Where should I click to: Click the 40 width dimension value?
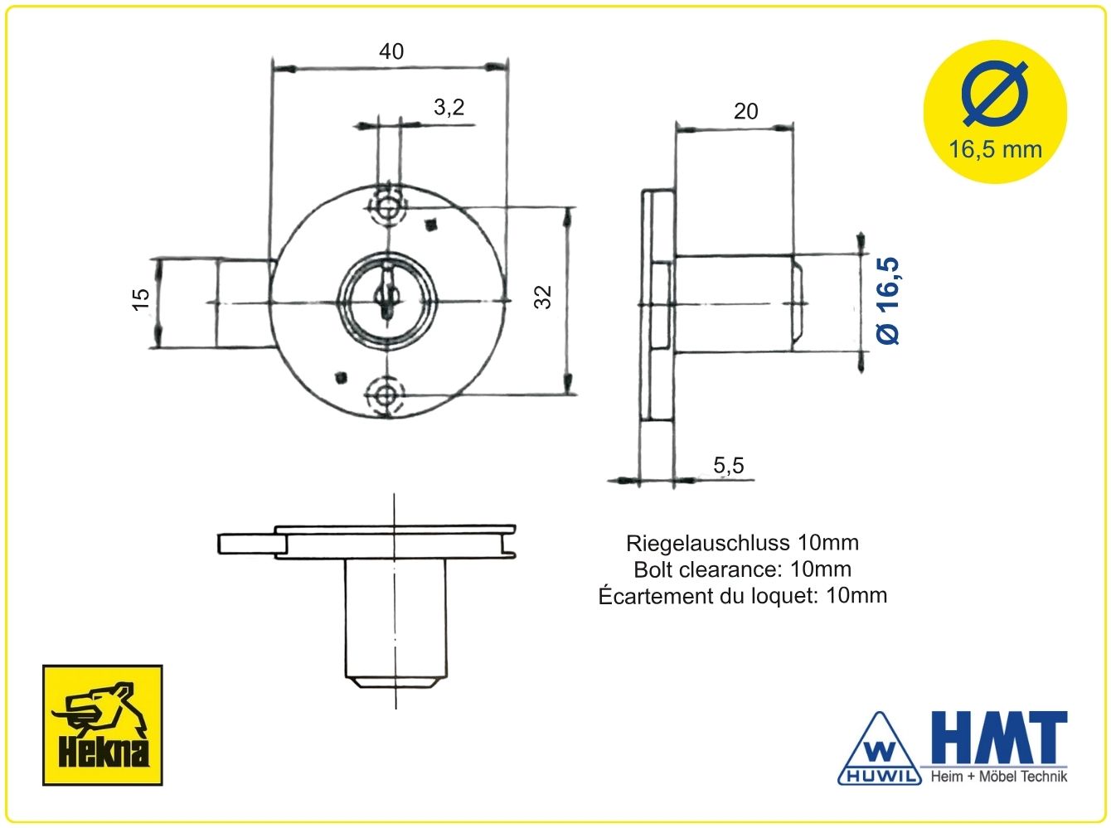pyautogui.click(x=391, y=51)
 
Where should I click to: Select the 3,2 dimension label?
pyautogui.click(x=449, y=107)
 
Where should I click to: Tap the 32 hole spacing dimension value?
pyautogui.click(x=543, y=297)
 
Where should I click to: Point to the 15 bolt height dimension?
pyautogui.click(x=141, y=299)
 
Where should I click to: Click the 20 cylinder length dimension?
pyautogui.click(x=745, y=111)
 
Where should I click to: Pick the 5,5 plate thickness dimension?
pyautogui.click(x=728, y=465)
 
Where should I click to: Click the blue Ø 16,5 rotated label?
pyautogui.click(x=888, y=301)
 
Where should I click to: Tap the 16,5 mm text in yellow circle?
pyautogui.click(x=995, y=150)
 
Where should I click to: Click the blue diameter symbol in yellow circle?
pyautogui.click(x=995, y=94)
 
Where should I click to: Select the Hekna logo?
pyautogui.click(x=103, y=725)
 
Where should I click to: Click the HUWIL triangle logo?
pyautogui.click(x=879, y=748)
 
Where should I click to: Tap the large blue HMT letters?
pyautogui.click(x=999, y=738)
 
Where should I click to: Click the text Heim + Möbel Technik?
pyautogui.click(x=998, y=777)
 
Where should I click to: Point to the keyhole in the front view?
pyautogui.click(x=386, y=296)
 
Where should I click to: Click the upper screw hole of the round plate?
pyautogui.click(x=388, y=206)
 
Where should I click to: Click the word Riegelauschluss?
pyautogui.click(x=707, y=543)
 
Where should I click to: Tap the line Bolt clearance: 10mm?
pyautogui.click(x=743, y=569)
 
